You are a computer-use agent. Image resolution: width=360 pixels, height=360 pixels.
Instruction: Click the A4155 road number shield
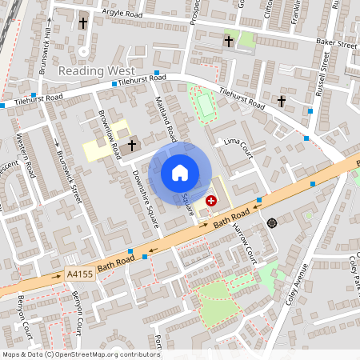(x=80, y=274)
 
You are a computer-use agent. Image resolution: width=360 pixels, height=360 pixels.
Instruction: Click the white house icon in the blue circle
(x=180, y=173)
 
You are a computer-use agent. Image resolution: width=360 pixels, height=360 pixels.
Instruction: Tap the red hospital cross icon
(x=211, y=201)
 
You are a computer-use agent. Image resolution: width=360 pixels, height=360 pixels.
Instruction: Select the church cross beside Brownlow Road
(x=131, y=146)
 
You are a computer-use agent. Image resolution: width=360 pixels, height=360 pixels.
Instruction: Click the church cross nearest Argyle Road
(x=83, y=24)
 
